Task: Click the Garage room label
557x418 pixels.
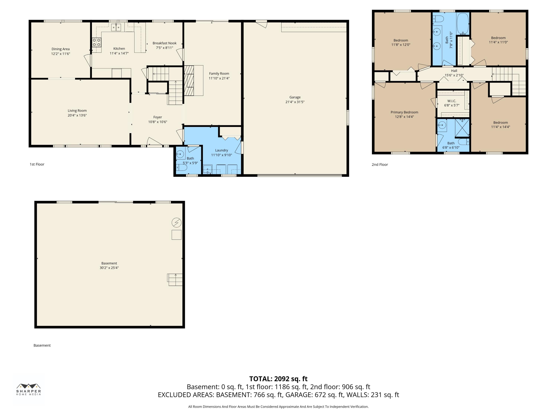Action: tap(295, 97)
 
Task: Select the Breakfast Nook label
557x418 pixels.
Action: tap(165, 43)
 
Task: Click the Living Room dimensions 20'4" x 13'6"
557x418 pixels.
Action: tap(77, 115)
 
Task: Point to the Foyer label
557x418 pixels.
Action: tap(158, 117)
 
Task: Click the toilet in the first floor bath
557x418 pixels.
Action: tap(181, 168)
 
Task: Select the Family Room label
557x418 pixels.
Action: tap(219, 74)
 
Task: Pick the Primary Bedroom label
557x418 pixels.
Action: tap(404, 112)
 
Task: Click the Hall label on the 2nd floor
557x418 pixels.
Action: tap(454, 71)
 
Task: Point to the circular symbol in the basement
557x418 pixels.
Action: tap(177, 223)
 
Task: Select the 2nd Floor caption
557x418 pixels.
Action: tap(380, 165)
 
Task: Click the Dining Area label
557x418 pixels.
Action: tap(60, 49)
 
